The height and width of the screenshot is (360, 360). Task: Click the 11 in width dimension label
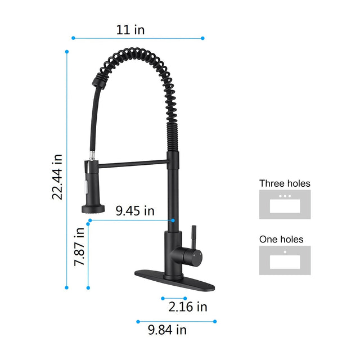point(130,30)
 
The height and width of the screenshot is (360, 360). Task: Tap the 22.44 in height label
point(57,176)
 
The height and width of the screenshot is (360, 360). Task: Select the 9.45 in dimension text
point(135,211)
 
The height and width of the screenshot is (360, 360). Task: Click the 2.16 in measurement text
point(188,307)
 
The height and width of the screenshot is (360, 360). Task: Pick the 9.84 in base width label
point(167,330)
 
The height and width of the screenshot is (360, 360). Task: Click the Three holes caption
point(285,183)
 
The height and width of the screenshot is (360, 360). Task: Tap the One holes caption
point(281,239)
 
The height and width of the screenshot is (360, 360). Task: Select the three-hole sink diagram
point(285,204)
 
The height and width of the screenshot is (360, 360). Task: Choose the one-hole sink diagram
point(285,260)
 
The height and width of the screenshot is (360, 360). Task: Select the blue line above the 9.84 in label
point(176,322)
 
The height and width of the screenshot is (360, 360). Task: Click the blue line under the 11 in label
point(138,38)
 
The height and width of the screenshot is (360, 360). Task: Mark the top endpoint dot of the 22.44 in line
point(67,52)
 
